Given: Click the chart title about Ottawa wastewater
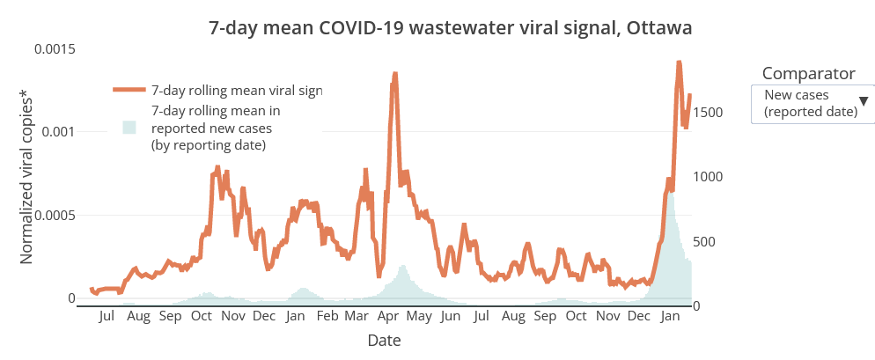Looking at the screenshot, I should (x=450, y=28).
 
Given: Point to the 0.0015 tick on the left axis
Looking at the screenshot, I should (x=55, y=48).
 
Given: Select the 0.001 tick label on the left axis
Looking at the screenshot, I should (x=59, y=132).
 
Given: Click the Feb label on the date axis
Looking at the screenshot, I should (x=327, y=316).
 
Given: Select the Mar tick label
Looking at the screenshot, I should (x=357, y=316).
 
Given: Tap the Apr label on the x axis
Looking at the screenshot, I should (x=388, y=316).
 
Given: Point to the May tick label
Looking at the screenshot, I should (x=419, y=316).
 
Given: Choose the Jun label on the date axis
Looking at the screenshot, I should (x=450, y=316).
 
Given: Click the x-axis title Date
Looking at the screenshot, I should (x=385, y=340).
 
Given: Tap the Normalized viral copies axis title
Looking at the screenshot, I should (x=27, y=177).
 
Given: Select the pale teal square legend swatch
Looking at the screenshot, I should (x=129, y=127).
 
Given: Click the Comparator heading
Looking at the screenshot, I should (x=808, y=73).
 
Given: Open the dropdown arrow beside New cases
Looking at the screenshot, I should (x=864, y=102).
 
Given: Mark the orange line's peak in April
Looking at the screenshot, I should (x=395, y=74).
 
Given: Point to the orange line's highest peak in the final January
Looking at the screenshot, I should (x=679, y=62).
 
